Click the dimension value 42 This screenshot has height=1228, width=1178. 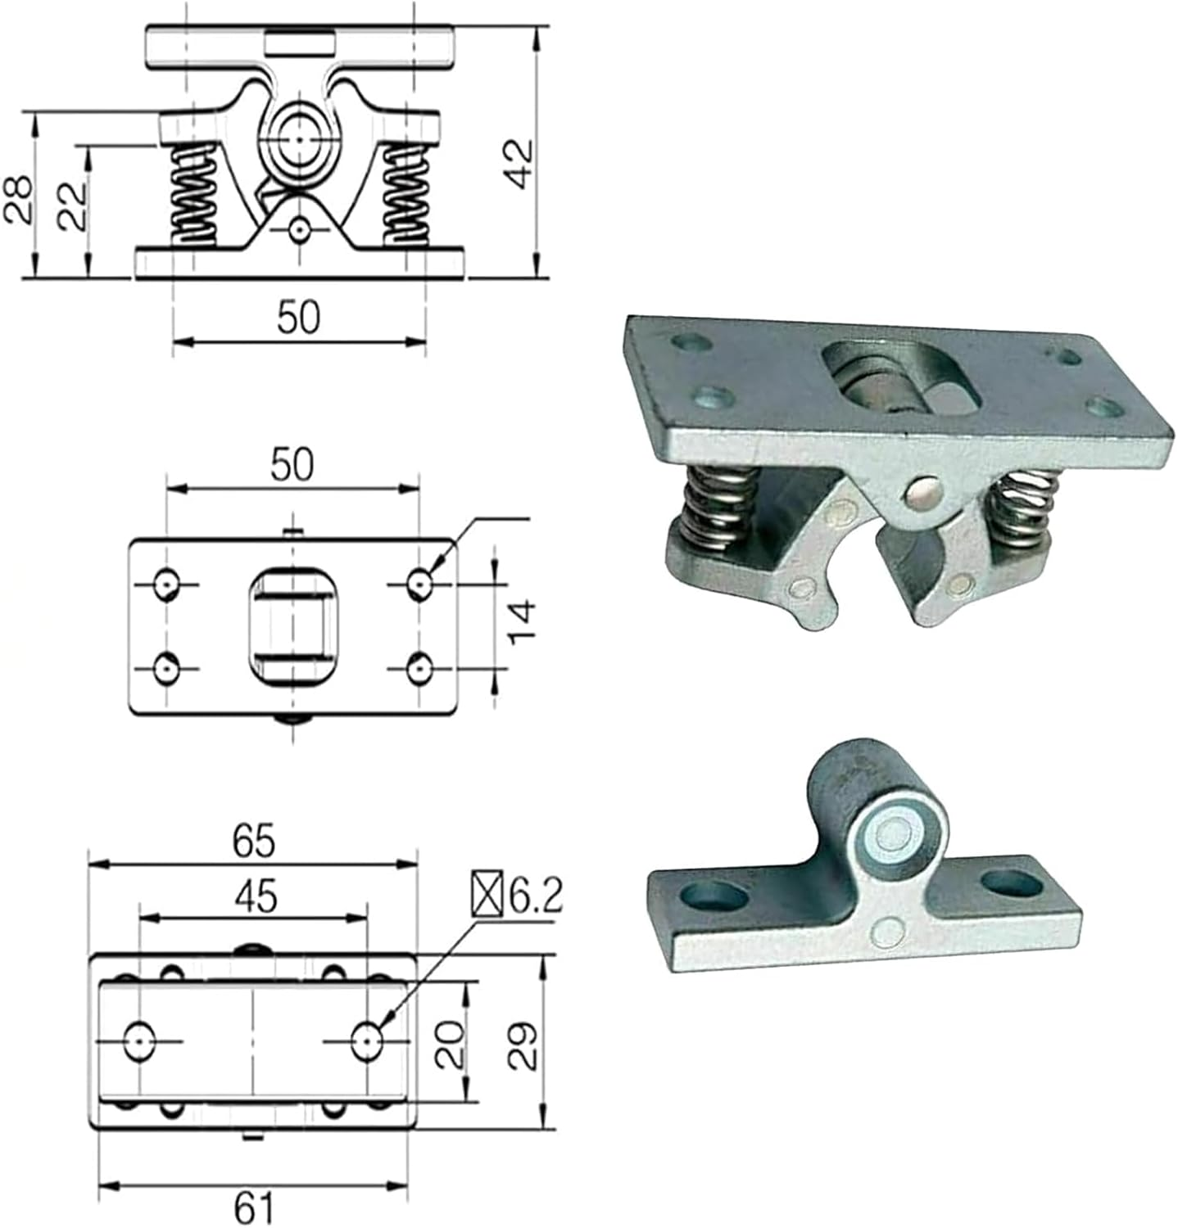(x=520, y=164)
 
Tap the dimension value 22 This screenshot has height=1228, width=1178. (x=72, y=206)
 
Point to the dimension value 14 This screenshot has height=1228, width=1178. (x=522, y=622)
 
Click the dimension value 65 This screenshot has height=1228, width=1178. (x=253, y=842)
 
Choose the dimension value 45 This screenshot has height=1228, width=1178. (x=255, y=897)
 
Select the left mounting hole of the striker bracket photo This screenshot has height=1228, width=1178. (x=718, y=896)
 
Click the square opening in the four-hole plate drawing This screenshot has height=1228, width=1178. (x=292, y=625)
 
